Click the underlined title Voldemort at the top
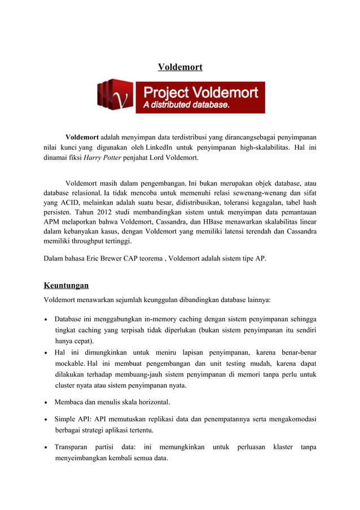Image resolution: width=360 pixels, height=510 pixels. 180,68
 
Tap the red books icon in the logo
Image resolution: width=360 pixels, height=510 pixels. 115,95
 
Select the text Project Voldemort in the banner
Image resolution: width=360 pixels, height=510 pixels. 200,92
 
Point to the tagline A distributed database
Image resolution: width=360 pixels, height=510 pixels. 186,105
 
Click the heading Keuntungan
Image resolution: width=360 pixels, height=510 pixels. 66,285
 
